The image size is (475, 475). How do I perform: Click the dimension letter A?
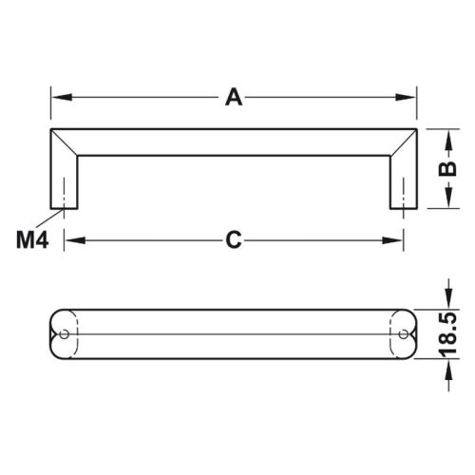point(232,96)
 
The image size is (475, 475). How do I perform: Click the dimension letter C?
point(233,241)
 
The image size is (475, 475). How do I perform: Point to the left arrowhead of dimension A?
point(56,97)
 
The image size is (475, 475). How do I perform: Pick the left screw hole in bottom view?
point(64,333)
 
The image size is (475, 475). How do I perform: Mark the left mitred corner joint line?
point(66,140)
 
